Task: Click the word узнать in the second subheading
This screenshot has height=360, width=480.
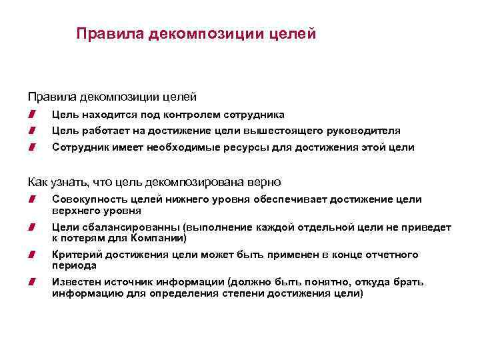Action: tap(67, 181)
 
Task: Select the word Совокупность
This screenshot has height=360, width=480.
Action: tap(85, 199)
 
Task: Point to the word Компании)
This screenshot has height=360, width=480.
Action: tap(159, 237)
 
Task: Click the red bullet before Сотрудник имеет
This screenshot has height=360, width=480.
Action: tap(31, 147)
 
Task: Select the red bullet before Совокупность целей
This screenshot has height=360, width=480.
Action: tap(31, 200)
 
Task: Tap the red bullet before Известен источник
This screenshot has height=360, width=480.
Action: tap(31, 283)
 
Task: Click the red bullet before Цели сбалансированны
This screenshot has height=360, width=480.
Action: tap(31, 228)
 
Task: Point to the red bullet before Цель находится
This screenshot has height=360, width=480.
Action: tap(31, 115)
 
